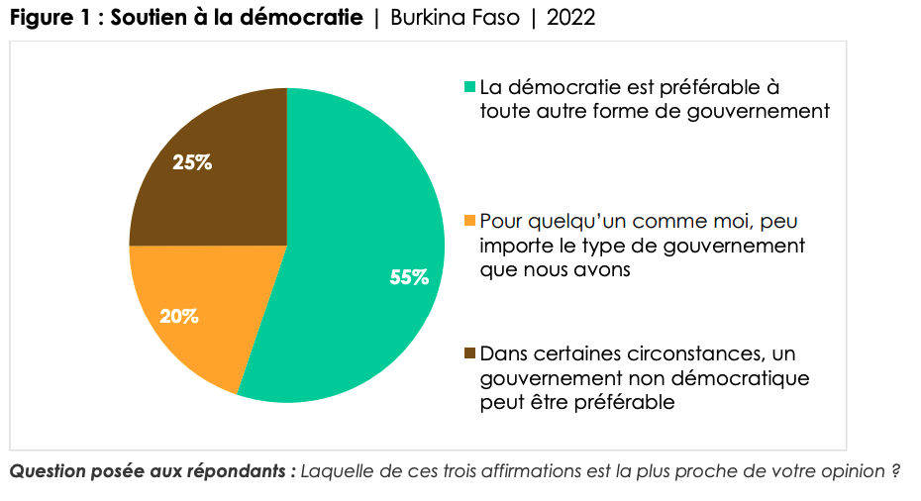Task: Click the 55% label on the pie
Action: (409, 278)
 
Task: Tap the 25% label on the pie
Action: (192, 162)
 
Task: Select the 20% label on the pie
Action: (179, 317)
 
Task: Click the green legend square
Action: (470, 88)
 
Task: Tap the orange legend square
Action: (470, 221)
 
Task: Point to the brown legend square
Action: (470, 353)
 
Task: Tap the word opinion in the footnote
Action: (847, 471)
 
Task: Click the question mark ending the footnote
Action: (893, 471)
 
